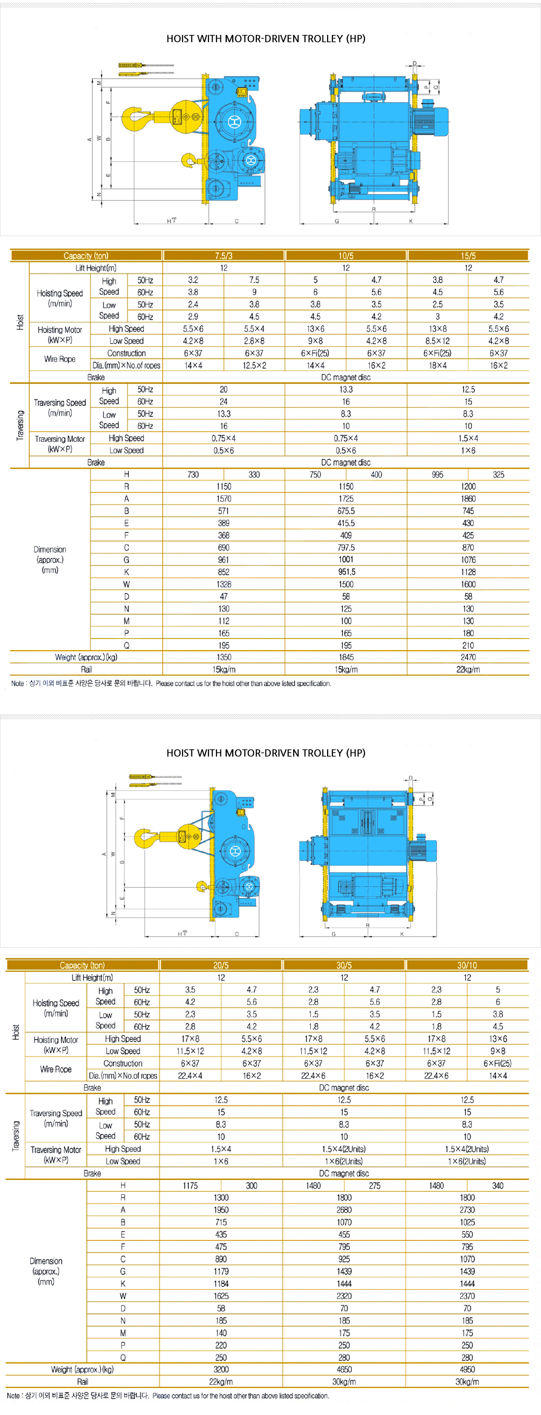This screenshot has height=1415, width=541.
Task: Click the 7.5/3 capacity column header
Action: coord(224,255)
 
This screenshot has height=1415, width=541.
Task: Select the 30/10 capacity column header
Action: coord(467,965)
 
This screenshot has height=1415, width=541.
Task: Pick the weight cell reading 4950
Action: coord(467,1369)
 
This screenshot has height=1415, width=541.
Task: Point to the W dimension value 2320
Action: coord(344,1295)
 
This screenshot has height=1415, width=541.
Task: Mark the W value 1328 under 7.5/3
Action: coord(224,584)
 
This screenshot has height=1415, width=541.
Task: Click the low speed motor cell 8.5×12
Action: coord(437,340)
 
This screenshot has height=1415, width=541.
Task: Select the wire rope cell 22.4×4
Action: coord(190,1075)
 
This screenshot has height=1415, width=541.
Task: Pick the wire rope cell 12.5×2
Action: coord(254,365)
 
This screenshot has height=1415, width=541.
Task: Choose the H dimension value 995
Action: coord(437,475)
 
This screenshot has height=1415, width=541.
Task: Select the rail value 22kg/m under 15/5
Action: coord(468,669)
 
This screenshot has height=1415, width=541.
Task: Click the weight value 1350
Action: coord(224,657)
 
